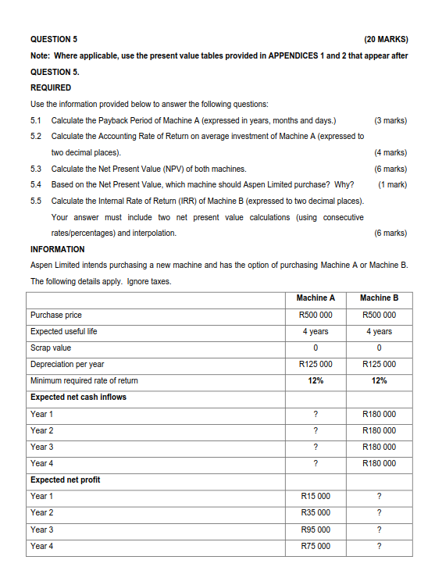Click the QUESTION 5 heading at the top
click(54, 38)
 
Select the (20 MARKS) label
click(385, 38)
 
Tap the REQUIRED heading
click(51, 87)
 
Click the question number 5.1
click(36, 120)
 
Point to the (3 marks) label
click(390, 120)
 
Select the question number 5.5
click(36, 201)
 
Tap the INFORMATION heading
click(58, 249)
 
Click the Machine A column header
click(316, 298)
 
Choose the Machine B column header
click(379, 298)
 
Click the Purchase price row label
click(56, 315)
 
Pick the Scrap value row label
click(51, 348)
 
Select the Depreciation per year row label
click(67, 364)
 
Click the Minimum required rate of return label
click(84, 380)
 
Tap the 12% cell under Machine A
click(316, 380)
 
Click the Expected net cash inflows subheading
click(78, 397)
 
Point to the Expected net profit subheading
click(66, 479)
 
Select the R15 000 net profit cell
click(316, 496)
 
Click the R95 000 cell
click(316, 530)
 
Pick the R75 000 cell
click(316, 546)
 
